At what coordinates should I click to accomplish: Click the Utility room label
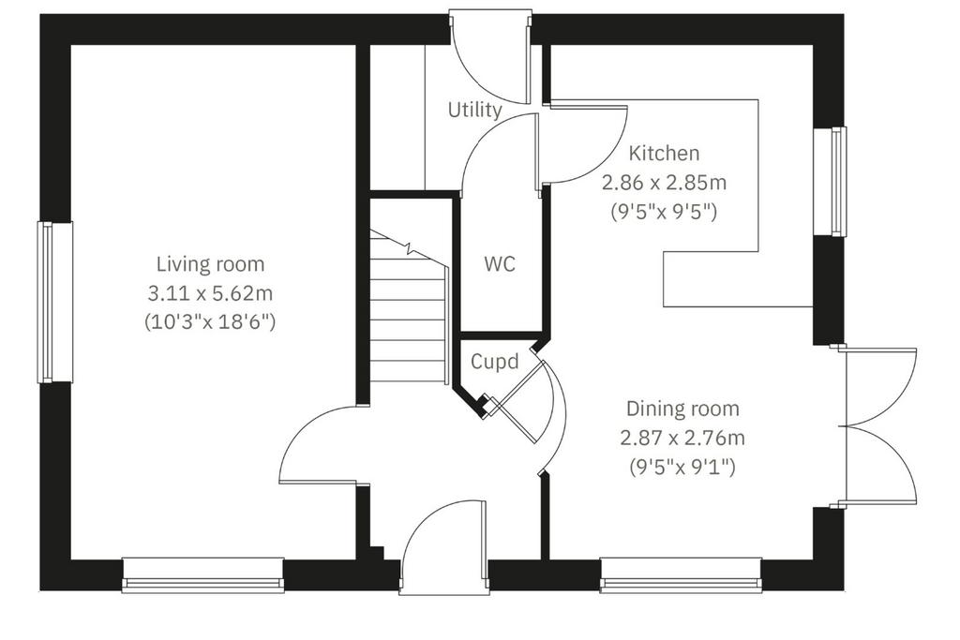[475, 111]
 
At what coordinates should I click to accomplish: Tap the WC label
[500, 264]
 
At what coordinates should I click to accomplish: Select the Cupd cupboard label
[495, 362]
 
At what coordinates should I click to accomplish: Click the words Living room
[211, 264]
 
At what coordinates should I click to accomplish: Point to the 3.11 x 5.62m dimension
[210, 293]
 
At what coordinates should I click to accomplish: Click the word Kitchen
[665, 153]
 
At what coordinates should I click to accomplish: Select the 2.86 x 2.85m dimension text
[665, 183]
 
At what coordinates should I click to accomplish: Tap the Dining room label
[682, 409]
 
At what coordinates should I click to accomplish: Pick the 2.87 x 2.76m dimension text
[682, 439]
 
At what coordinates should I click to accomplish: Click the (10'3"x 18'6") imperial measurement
[210, 321]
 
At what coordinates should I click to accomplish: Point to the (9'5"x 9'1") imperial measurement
[682, 468]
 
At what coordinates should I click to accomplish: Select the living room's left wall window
[55, 303]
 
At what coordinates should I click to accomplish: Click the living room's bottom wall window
[203, 575]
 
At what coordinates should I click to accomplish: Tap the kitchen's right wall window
[830, 181]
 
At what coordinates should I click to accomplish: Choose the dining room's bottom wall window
[681, 575]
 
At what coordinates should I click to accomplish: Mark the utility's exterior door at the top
[489, 56]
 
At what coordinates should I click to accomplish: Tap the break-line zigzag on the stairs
[409, 247]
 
